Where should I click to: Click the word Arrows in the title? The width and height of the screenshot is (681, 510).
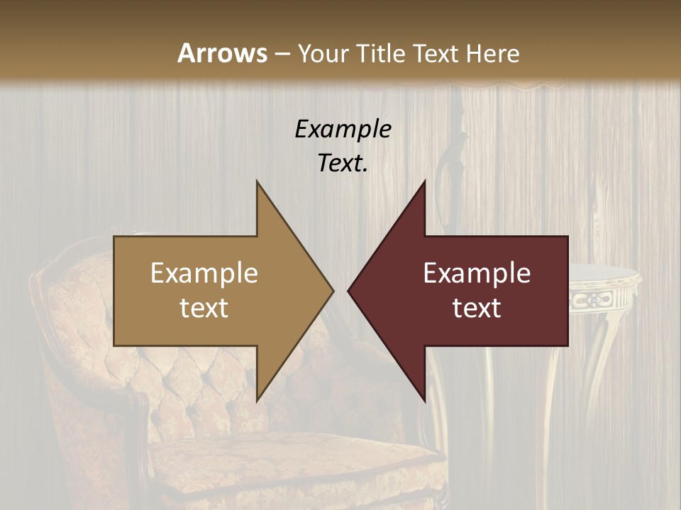(x=222, y=53)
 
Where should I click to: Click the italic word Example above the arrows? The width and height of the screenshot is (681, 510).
(x=343, y=129)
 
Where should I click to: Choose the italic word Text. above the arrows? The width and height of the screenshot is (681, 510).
(x=343, y=163)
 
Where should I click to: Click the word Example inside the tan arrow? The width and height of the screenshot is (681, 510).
(x=204, y=273)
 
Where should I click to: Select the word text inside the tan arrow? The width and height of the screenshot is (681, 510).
(x=204, y=308)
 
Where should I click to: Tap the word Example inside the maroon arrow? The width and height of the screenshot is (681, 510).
(x=477, y=273)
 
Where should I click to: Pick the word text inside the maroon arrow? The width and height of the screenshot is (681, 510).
(x=477, y=308)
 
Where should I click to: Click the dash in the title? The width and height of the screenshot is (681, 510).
(x=282, y=55)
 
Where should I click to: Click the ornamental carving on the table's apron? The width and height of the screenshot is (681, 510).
(x=596, y=300)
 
